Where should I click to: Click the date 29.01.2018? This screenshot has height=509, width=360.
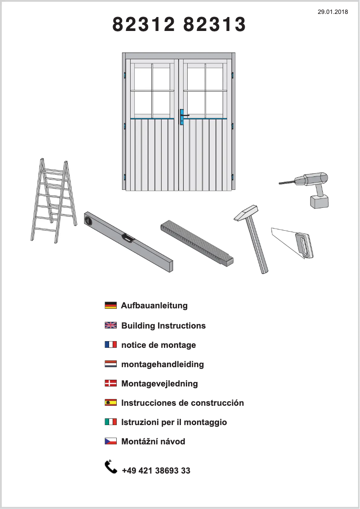tap(333, 12)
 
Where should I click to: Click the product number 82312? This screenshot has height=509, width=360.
tap(143, 25)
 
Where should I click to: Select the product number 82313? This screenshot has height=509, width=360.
tap(215, 25)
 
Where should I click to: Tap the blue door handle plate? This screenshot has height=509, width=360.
tap(182, 117)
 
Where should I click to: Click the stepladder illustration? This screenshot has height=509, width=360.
tap(52, 200)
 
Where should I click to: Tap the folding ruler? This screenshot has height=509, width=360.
tap(198, 242)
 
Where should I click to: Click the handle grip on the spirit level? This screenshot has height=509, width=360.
tap(128, 238)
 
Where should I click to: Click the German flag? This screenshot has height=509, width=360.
tap(110, 306)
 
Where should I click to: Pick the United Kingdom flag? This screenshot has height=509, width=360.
tap(110, 325)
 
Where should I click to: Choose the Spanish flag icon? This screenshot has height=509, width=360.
tap(110, 403)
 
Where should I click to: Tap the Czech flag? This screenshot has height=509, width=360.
tap(110, 441)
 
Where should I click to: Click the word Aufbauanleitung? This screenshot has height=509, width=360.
tap(154, 306)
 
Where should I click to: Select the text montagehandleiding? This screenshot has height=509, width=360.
tap(162, 364)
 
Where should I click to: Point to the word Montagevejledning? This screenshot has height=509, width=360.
tap(159, 383)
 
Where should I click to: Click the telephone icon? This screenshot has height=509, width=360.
tap(111, 467)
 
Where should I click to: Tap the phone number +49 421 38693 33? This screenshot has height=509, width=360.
tap(156, 470)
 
